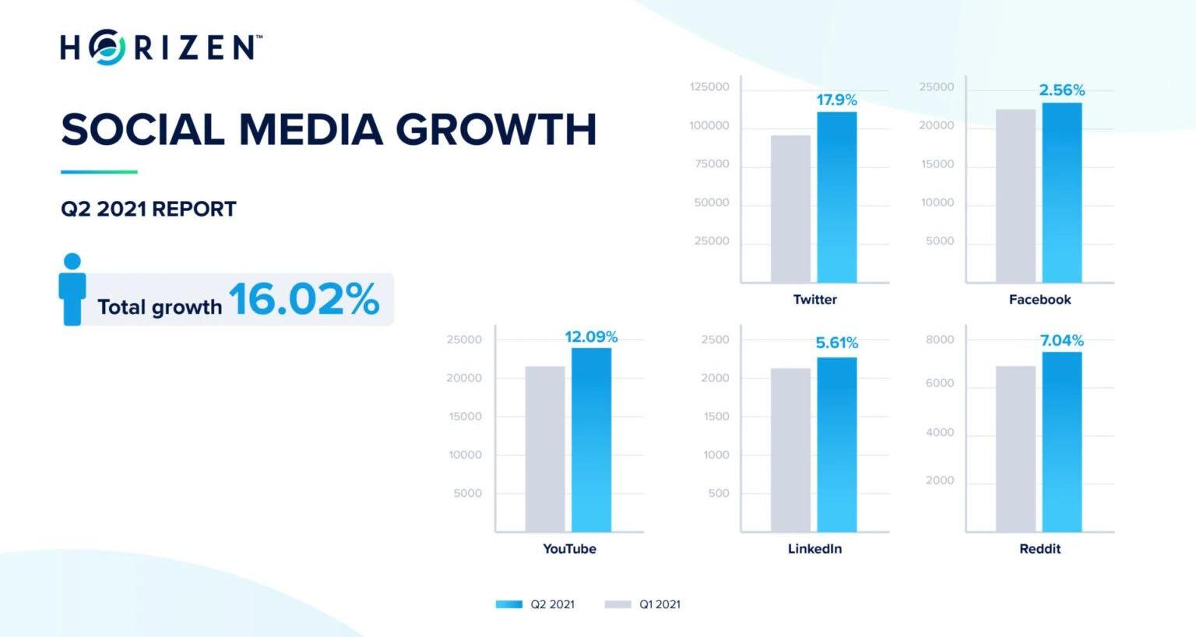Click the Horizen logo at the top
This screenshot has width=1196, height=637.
(161, 47)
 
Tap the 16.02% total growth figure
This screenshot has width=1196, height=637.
(304, 299)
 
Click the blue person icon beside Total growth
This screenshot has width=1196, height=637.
(72, 289)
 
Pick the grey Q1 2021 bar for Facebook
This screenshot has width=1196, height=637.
(1015, 195)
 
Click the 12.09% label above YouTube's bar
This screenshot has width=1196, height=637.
(591, 337)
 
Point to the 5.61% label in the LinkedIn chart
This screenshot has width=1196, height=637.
(836, 343)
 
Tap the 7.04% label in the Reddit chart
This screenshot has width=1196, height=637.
(1061, 340)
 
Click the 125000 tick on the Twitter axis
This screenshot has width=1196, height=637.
(709, 86)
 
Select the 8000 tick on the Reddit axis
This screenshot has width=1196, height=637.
(940, 340)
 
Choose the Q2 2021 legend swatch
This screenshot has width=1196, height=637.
(509, 604)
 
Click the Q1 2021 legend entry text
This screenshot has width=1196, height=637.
(660, 604)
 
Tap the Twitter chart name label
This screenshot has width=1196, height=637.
(814, 300)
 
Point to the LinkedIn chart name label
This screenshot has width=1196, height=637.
(814, 549)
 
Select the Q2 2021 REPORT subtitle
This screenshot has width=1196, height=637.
(149, 209)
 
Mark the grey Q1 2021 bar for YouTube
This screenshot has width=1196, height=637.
(544, 449)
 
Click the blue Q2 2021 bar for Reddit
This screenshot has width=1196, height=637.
(1061, 442)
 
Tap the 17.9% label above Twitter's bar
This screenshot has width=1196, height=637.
(836, 100)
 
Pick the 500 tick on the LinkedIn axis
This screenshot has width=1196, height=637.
(719, 493)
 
